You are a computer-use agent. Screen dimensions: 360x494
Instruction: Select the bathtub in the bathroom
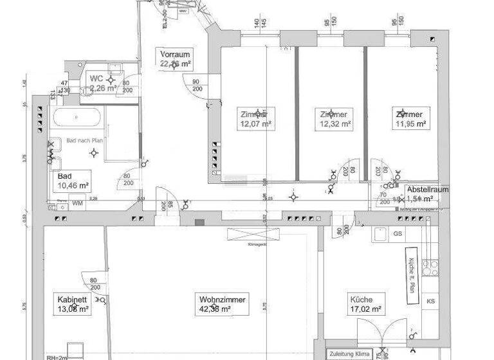(x=77, y=118)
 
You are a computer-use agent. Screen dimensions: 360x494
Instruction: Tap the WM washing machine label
(x=77, y=203)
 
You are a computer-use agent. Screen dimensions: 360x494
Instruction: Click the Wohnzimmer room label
(x=223, y=300)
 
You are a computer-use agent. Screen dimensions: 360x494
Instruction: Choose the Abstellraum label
(x=428, y=190)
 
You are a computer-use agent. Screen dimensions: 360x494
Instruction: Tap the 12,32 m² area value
(x=335, y=123)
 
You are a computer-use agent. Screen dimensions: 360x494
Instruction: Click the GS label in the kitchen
(x=398, y=233)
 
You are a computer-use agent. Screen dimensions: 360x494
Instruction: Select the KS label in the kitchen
(x=430, y=301)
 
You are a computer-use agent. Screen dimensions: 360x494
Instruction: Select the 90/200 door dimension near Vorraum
(x=196, y=85)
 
